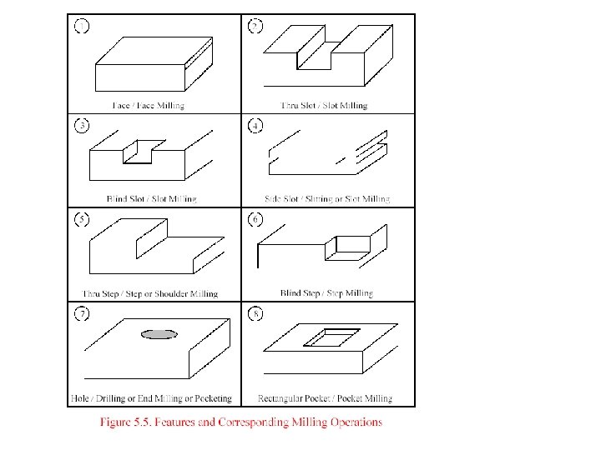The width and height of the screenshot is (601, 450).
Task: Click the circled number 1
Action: (x=82, y=26)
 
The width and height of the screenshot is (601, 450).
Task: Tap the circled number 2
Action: (x=255, y=26)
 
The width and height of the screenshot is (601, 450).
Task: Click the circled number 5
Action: (x=82, y=220)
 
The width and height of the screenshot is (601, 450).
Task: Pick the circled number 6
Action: (x=255, y=220)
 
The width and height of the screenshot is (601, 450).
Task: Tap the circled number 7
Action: (x=82, y=315)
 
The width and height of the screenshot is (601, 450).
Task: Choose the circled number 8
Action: (x=255, y=315)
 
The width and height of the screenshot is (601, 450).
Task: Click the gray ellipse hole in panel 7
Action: (x=159, y=334)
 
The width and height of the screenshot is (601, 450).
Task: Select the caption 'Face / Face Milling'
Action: (x=149, y=106)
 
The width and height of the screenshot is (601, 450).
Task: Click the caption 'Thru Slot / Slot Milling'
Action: (x=324, y=106)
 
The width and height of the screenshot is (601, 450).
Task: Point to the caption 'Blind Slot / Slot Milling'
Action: (x=152, y=199)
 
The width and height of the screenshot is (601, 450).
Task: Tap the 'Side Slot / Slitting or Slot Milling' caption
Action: (x=326, y=199)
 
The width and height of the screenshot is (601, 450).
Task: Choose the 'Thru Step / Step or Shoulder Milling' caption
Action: (x=150, y=293)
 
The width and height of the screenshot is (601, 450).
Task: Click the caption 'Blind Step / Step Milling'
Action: (x=326, y=293)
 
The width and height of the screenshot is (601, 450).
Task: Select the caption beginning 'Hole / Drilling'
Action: (x=157, y=398)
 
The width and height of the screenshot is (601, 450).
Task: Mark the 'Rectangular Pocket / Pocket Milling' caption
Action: (x=326, y=398)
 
